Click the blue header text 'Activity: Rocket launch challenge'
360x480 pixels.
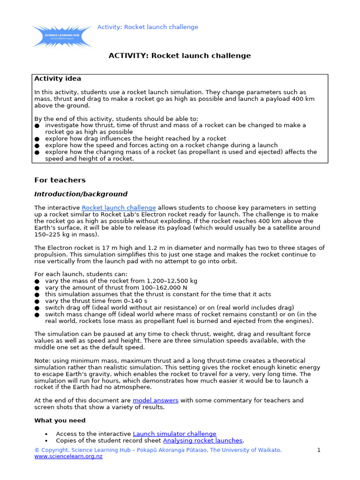coord(148,27)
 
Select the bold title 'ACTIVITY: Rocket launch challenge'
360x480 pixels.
coord(180,56)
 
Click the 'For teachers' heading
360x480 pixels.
coord(60,180)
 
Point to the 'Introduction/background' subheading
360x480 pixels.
coord(81,194)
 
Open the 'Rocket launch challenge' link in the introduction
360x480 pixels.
coord(119,208)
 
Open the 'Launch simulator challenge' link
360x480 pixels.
coord(174,434)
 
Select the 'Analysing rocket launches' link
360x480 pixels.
coord(202,441)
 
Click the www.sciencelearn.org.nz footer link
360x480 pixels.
coord(68,457)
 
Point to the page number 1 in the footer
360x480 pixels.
coord(319,450)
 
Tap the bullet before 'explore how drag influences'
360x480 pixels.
coord(37,139)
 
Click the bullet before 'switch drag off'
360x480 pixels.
coord(37,307)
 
